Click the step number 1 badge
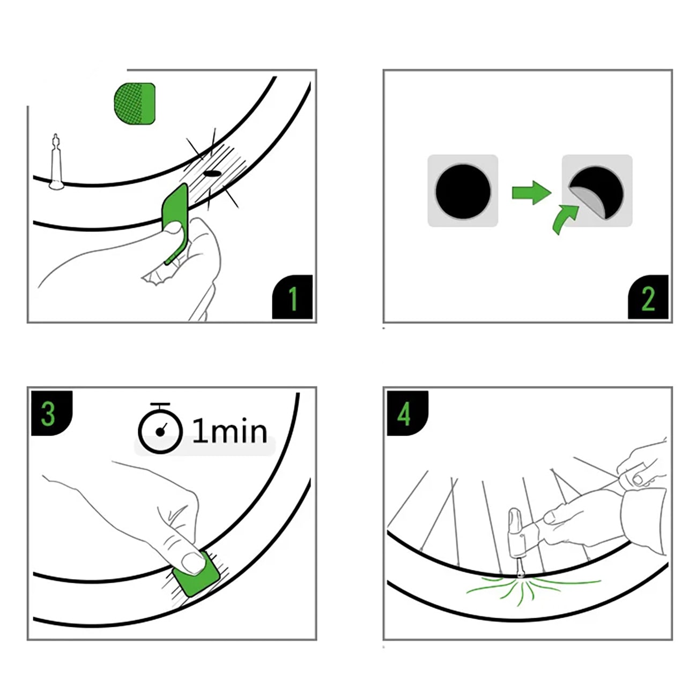pyautogui.click(x=293, y=297)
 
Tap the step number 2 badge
pyautogui.click(x=648, y=297)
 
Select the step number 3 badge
pyautogui.click(x=51, y=413)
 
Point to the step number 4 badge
pyautogui.click(x=407, y=413)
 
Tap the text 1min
pyautogui.click(x=230, y=431)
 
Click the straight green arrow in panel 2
pyautogui.click(x=531, y=193)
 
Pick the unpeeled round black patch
pyautogui.click(x=463, y=191)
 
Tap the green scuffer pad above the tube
pyautogui.click(x=135, y=103)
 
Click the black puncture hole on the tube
pyautogui.click(x=212, y=174)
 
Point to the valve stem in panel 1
pyautogui.click(x=56, y=162)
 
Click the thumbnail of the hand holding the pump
pyautogui.click(x=550, y=518)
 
